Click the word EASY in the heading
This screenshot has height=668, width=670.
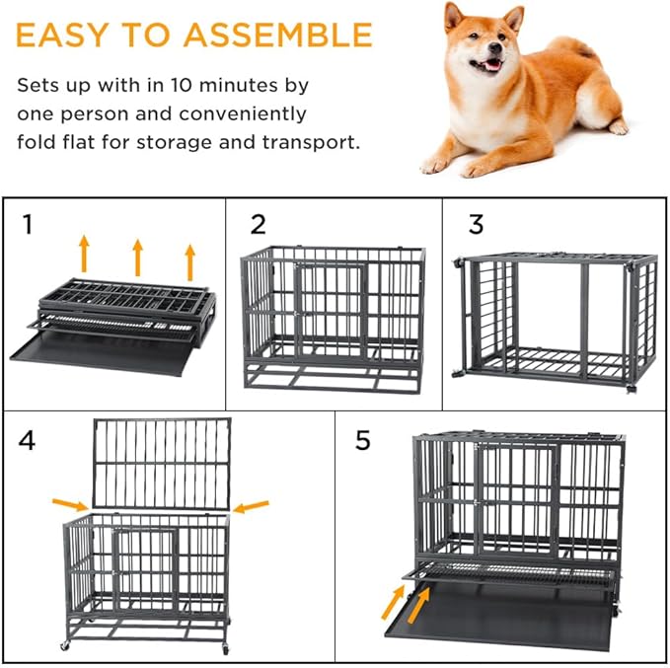click(65, 35)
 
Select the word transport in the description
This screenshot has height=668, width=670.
click(311, 142)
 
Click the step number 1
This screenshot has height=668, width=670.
click(29, 225)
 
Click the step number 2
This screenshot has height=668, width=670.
click(258, 225)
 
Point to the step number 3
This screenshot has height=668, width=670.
click(476, 225)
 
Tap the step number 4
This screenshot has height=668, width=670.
click(28, 440)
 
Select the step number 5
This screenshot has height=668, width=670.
click(363, 440)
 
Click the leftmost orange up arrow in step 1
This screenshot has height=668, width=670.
click(84, 253)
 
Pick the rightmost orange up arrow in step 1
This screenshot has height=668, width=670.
click(190, 260)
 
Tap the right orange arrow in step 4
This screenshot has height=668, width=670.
click(252, 507)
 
